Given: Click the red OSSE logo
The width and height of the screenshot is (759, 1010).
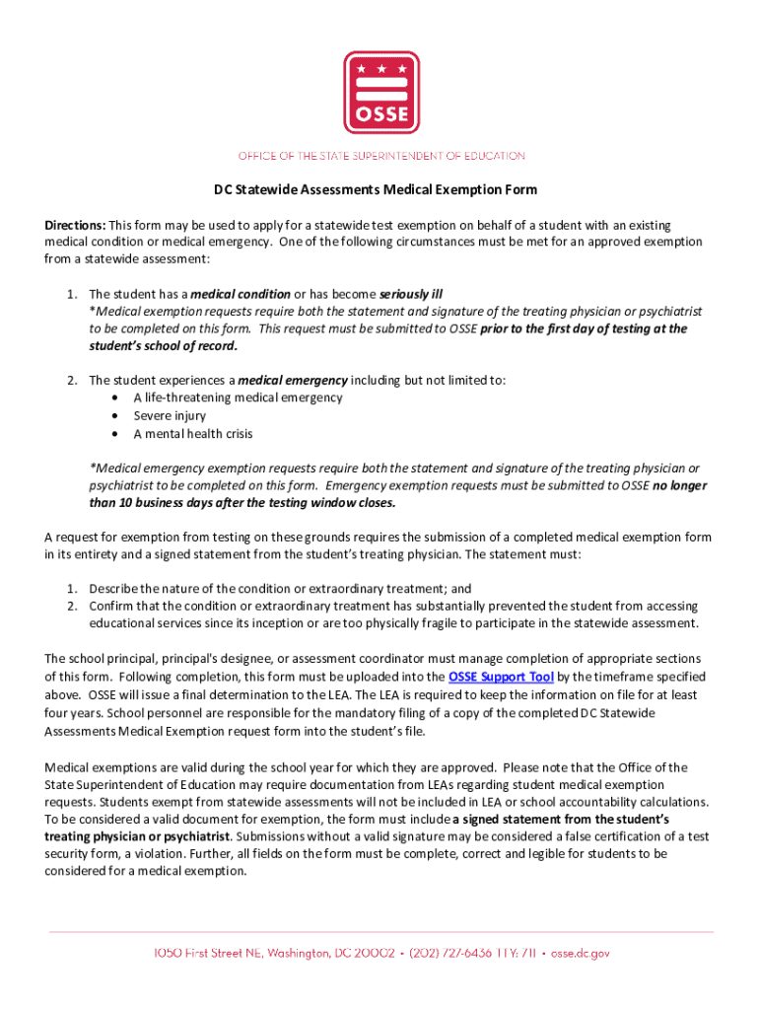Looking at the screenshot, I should coord(379,92).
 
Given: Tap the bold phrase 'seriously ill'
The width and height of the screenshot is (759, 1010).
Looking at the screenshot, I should coord(411,294).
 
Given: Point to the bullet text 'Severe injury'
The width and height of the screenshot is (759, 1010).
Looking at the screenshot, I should coord(170,415).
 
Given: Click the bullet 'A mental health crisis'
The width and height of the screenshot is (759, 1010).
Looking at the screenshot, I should coord(193,433).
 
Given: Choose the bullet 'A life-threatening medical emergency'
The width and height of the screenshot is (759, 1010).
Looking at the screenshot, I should coord(238,397).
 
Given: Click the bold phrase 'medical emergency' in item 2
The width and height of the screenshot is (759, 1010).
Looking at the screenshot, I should coord(293,380).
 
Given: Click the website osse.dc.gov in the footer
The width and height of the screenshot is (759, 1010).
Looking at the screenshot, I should coord(581,954).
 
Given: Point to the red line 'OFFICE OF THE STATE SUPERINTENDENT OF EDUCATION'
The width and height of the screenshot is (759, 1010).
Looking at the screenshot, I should coord(379,156).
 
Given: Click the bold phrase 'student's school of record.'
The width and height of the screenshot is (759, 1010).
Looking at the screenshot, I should coord(163,346).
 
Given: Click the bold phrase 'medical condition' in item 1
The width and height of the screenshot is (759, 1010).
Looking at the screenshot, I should coord(240,294).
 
